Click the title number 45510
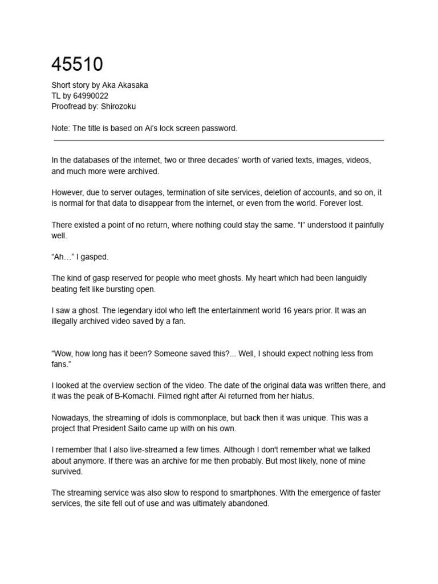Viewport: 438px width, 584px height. click(77, 64)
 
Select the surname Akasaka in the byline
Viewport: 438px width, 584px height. click(131, 85)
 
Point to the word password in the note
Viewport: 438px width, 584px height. click(219, 128)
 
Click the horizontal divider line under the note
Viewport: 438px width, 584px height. click(218, 140)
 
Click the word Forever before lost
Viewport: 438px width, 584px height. click(329, 204)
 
